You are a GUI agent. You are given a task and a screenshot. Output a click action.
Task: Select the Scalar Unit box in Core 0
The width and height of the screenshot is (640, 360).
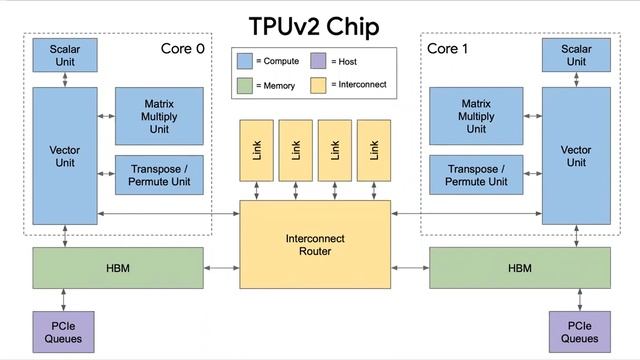coord(65,54)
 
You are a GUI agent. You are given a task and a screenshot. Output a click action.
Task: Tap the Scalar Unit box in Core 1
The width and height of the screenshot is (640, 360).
coord(576,54)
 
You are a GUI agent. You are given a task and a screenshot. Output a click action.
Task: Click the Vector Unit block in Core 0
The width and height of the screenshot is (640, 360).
coord(65,155)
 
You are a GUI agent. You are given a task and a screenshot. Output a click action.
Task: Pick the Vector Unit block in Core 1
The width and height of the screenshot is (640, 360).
coord(576,155)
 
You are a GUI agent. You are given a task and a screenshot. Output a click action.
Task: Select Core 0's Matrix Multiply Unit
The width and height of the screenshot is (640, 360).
coord(161,116)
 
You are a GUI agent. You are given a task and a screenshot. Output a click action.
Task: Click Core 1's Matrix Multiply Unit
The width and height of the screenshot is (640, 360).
coord(476,116)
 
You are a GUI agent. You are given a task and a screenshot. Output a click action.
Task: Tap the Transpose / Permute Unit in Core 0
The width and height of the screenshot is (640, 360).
coord(161,175)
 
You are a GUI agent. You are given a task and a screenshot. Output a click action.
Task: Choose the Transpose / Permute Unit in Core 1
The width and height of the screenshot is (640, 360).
coord(476,175)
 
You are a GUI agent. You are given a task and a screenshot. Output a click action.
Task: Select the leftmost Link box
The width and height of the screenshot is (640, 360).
coord(255,150)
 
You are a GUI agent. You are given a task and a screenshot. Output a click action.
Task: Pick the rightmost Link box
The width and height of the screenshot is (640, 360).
coord(374,150)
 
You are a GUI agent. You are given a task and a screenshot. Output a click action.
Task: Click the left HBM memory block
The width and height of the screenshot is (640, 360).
coord(117,268)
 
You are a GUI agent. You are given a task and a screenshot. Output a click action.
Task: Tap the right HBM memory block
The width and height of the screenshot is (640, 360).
coord(519,268)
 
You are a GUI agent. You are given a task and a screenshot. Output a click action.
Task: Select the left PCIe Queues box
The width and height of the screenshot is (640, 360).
coord(65,331)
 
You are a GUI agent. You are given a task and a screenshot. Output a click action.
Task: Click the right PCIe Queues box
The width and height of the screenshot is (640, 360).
coord(576,331)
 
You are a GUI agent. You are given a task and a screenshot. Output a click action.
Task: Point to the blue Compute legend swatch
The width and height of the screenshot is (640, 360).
coord(246,61)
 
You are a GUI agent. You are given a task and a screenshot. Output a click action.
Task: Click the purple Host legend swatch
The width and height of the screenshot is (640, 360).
coord(318,61)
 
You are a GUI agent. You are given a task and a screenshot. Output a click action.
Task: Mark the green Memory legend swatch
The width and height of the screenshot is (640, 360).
coord(246,86)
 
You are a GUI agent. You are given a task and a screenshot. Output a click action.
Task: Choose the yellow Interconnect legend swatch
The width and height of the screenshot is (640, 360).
coord(318,85)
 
